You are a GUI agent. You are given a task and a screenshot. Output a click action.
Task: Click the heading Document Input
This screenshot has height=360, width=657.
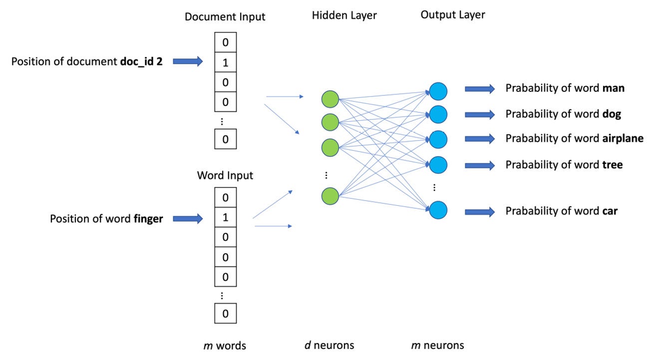pos(225,16)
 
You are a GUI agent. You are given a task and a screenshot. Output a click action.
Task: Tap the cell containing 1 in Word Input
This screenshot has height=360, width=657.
pos(225,218)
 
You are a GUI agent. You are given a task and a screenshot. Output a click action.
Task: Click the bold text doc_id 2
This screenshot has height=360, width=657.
pos(141,62)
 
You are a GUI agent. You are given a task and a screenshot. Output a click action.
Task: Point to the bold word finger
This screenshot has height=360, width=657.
pos(148,219)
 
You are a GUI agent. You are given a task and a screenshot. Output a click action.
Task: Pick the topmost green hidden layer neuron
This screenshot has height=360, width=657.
pos(330,98)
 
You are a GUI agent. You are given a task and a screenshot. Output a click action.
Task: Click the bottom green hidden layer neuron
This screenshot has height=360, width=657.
pos(330,196)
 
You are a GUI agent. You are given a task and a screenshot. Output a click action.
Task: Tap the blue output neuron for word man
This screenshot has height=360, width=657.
pos(438,91)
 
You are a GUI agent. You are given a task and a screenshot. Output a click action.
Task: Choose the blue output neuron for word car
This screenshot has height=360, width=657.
pos(438,210)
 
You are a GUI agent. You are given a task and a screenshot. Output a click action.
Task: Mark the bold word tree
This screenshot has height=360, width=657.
pos(613,164)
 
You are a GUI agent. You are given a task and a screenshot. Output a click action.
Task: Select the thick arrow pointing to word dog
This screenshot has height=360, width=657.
pos(479,114)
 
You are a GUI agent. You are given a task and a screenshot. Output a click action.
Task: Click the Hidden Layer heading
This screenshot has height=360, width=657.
pos(344,15)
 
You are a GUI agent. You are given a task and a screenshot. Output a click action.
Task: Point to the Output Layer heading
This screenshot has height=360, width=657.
pos(452,15)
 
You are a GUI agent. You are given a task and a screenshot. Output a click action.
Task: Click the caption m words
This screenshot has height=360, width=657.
pos(225,346)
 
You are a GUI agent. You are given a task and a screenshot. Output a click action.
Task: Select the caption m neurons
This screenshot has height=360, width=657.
pos(437,345)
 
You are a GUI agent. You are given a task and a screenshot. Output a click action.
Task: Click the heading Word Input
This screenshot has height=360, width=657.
pos(225,175)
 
